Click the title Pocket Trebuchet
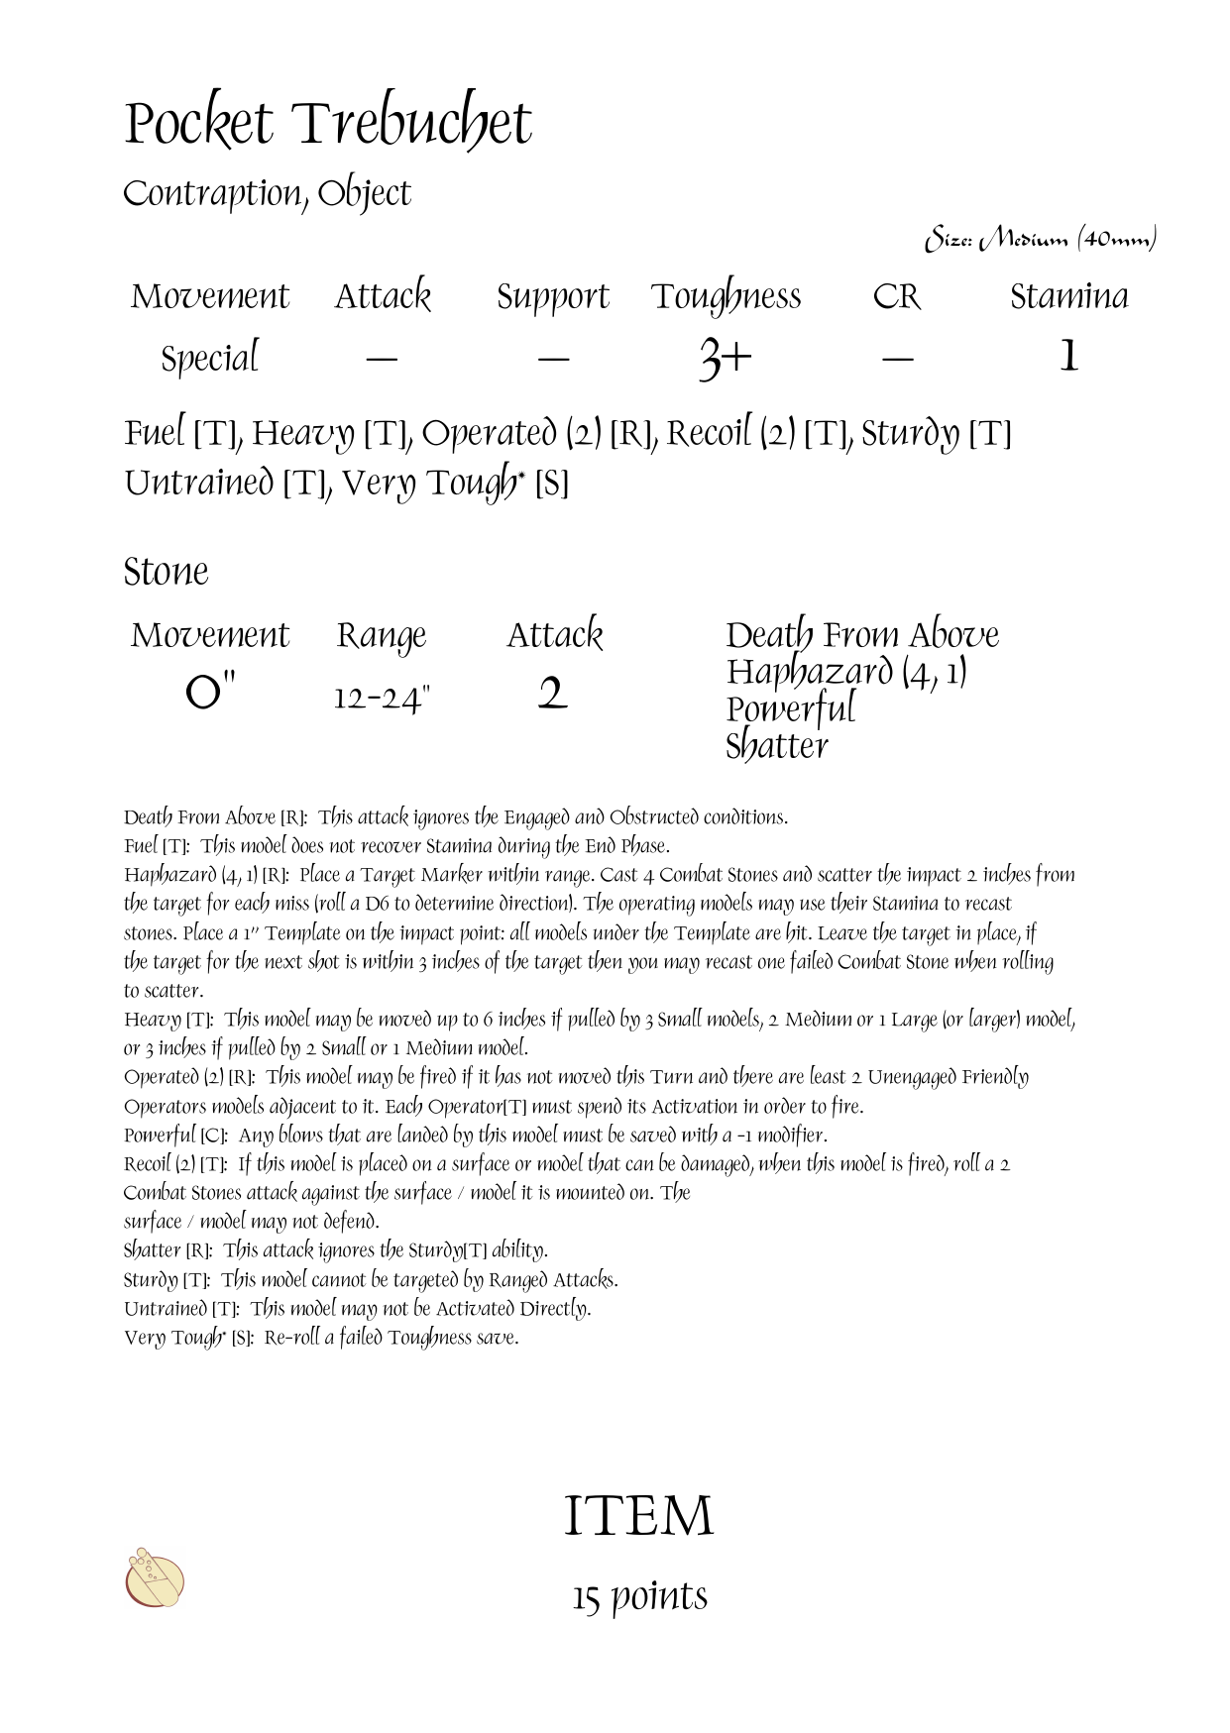pos(328,125)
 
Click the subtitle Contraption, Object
pos(267,194)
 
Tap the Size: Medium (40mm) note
pos(1041,240)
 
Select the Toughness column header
pos(726,297)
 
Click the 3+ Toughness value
pos(725,357)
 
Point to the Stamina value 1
pos(1068,356)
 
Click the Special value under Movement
pos(210,358)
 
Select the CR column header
pos(896,297)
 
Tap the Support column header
pos(552,297)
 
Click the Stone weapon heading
pos(167,572)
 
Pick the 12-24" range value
pos(382,699)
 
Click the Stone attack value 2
pos(553,694)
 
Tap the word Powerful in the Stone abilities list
pos(790,709)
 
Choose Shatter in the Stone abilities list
pos(776,746)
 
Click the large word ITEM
pos(638,1516)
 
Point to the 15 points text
pos(639,1596)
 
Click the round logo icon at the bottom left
pos(155,1577)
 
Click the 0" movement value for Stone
pos(210,693)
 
